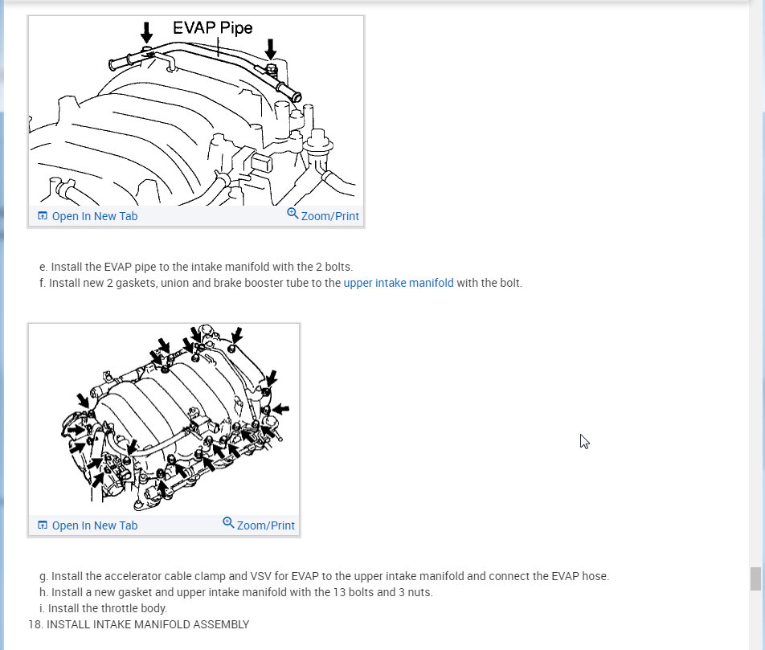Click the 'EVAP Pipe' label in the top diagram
click(x=213, y=28)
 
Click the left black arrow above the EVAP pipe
click(x=146, y=32)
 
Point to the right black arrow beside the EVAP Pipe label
click(x=270, y=49)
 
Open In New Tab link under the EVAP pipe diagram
click(x=95, y=216)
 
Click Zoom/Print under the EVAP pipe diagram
click(x=329, y=216)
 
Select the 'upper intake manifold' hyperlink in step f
click(x=399, y=283)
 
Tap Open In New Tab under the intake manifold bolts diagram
click(x=95, y=525)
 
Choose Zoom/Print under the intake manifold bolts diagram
click(x=265, y=525)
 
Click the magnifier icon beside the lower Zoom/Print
click(x=228, y=523)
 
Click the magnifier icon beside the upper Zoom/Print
click(x=292, y=214)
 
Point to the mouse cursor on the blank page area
click(x=584, y=442)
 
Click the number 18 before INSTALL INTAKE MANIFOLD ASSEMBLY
click(x=34, y=624)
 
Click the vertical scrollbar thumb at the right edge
click(x=755, y=579)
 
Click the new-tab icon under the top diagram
click(x=43, y=215)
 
